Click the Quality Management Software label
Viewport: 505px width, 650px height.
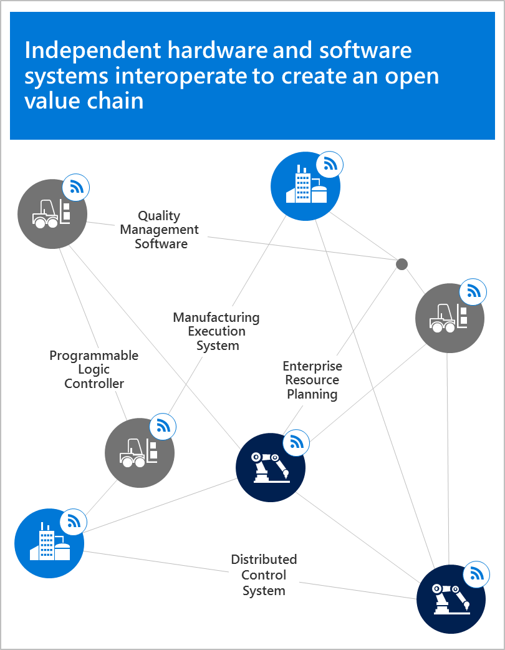161,230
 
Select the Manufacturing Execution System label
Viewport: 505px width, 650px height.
216,331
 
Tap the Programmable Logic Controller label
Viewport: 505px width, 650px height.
94,369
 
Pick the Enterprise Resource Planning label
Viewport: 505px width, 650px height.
312,380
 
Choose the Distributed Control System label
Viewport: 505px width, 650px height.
264,575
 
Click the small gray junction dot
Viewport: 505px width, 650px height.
402,264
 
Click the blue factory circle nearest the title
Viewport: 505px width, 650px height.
305,187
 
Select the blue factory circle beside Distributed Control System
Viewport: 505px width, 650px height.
49,543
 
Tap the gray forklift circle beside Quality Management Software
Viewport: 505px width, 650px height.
52,214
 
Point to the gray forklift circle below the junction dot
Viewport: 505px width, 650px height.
450,318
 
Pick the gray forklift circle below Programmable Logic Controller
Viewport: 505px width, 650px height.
140,452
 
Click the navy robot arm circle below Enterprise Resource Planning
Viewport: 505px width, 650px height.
271,467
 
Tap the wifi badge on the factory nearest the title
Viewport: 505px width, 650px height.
330,165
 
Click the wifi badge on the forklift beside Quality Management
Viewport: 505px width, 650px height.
76,187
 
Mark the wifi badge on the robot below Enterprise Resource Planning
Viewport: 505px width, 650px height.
296,442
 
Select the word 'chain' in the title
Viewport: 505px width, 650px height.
114,100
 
